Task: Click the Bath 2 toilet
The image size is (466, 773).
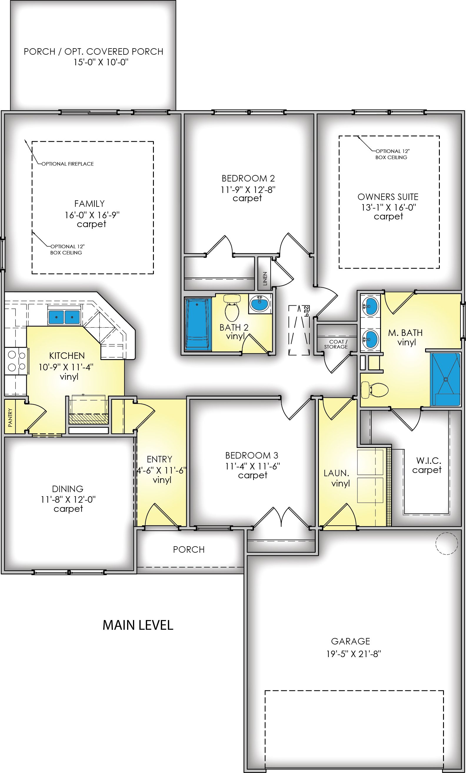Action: pos(232,306)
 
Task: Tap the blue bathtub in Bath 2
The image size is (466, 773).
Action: pos(197,324)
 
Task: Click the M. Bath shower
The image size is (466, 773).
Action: pos(446,379)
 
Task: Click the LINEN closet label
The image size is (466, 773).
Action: pos(265,278)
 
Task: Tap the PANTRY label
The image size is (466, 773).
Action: pos(10,418)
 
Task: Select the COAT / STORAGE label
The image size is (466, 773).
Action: pos(336,344)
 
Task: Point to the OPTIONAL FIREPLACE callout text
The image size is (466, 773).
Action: pos(68,164)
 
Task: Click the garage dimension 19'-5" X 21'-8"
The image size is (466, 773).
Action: pos(353,654)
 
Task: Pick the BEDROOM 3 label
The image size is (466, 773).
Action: pos(252,455)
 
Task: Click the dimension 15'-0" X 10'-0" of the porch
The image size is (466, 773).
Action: pos(102,62)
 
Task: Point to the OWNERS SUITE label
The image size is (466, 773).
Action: pos(388,197)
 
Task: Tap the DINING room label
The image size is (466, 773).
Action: pos(68,489)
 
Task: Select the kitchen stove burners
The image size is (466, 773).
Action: pos(16,361)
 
